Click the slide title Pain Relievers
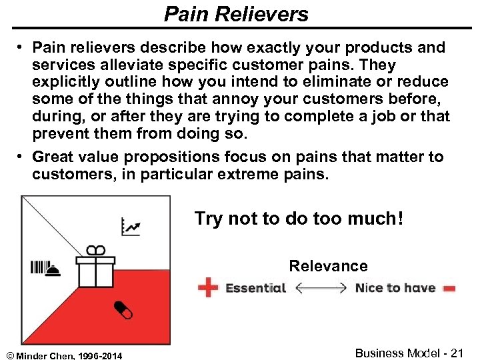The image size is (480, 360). (236, 14)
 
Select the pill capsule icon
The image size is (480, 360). (122, 309)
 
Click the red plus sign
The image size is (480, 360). (208, 288)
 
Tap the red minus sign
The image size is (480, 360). (449, 289)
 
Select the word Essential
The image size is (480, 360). (255, 288)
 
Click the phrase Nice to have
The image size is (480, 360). (395, 288)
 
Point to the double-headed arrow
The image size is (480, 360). (320, 288)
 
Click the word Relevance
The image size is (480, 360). (328, 266)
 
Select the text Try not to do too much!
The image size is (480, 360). (299, 219)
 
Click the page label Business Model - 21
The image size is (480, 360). (409, 353)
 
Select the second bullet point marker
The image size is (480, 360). (22, 157)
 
